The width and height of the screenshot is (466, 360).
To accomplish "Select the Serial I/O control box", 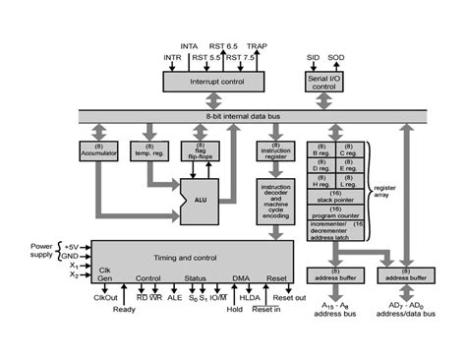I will pyautogui.click(x=324, y=82).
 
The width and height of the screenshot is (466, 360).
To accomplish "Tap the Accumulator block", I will pyautogui.click(x=97, y=151).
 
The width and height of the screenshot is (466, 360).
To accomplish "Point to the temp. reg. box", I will pyautogui.click(x=150, y=151).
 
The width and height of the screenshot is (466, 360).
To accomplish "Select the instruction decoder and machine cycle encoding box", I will pyautogui.click(x=275, y=202).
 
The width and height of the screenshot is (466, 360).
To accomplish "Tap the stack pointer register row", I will pyautogui.click(x=336, y=198).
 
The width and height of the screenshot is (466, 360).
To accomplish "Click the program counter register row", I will pyautogui.click(x=336, y=211).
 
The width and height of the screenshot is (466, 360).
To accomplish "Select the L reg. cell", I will pyautogui.click(x=351, y=183).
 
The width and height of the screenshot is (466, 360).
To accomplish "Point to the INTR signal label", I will pyautogui.click(x=173, y=58).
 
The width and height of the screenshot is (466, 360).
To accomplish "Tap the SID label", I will pyautogui.click(x=312, y=58).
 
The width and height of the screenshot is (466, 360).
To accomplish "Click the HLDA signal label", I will pyautogui.click(x=250, y=295).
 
